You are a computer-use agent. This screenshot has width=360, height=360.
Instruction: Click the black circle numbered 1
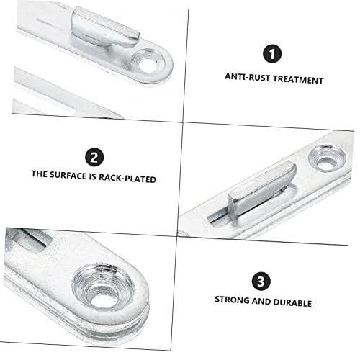pos(272,54)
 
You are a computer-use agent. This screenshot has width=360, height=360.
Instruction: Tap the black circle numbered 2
pos(94,157)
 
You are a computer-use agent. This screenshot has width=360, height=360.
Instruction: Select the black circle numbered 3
pos(261,281)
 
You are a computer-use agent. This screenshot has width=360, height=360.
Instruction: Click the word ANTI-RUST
pos(247,77)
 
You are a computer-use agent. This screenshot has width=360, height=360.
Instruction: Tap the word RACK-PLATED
pos(127,178)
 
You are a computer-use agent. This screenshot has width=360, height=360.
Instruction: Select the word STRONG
pos(232,300)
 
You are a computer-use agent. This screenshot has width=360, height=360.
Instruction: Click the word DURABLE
pos(292,302)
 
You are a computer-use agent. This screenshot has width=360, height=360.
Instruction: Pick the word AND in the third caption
pos(261,301)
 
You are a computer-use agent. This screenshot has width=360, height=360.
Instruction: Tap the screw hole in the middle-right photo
pos(327,158)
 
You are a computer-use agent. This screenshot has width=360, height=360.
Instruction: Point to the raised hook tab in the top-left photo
pos(106,27)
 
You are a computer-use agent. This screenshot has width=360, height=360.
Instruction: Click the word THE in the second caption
pos(40,174)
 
